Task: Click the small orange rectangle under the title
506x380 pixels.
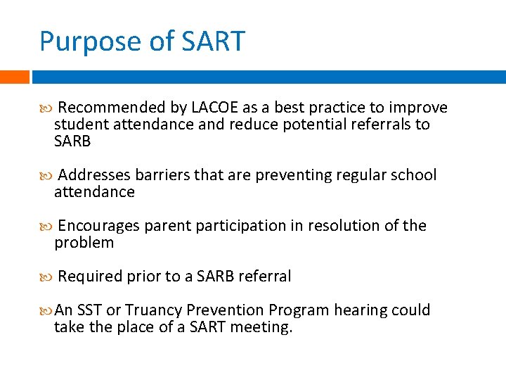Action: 14,77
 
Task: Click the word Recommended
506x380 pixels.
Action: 112,108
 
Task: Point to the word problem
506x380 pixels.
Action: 84,243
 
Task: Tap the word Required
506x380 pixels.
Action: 90,277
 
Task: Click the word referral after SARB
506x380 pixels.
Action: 264,277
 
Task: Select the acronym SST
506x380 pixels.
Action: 89,310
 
